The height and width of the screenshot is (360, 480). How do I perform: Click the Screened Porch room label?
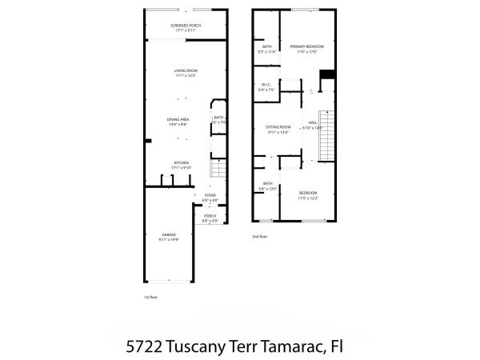point(186,26)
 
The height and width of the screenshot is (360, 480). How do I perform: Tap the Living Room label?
point(186,71)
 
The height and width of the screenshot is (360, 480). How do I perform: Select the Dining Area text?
point(178,120)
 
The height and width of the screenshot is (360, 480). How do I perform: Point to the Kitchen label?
point(182,162)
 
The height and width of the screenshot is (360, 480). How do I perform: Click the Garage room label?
point(168,234)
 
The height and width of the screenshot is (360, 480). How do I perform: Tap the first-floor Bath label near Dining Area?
point(218,119)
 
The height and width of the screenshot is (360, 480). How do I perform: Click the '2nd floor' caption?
point(259,236)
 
